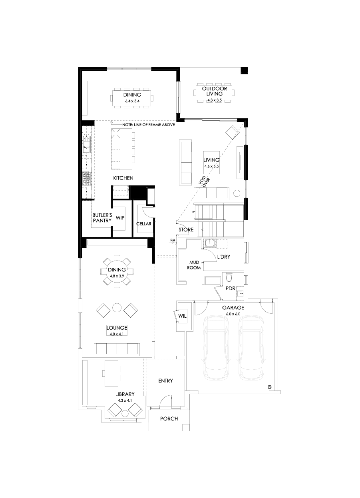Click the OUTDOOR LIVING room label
(x=214, y=91)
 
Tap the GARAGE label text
(x=233, y=308)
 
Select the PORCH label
(x=169, y=419)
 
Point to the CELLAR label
(x=144, y=224)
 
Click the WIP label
(x=120, y=218)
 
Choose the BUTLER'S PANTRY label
(x=101, y=217)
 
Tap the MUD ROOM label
(x=195, y=265)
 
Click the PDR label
(x=229, y=288)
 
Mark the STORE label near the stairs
(x=186, y=230)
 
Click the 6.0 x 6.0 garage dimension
(x=233, y=314)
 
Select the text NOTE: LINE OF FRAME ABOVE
(x=149, y=125)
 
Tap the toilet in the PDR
(x=229, y=277)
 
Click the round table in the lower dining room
(x=117, y=272)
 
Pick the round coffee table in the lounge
(x=117, y=308)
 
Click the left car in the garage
(x=216, y=348)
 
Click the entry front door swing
(x=165, y=401)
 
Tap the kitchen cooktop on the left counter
(x=86, y=178)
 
